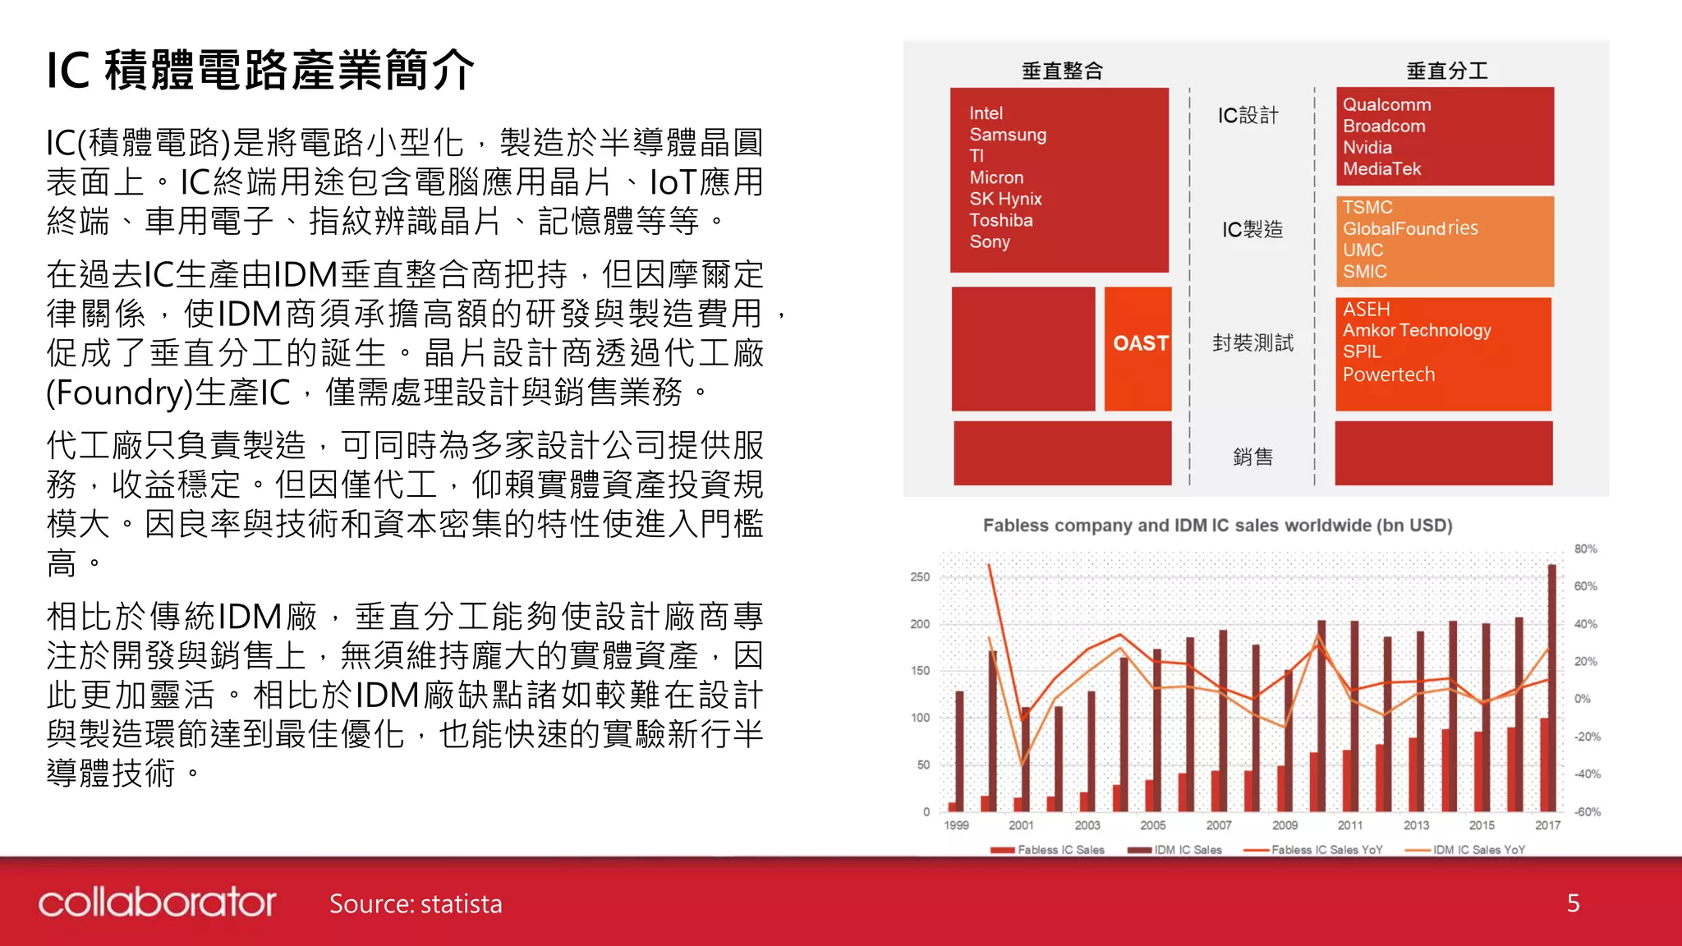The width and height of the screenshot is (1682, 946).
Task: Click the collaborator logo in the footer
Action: (x=157, y=902)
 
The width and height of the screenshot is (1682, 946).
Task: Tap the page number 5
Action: (x=1573, y=903)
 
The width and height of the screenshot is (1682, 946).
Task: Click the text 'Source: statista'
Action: (x=416, y=904)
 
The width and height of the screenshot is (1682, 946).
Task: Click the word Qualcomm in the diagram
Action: (x=1386, y=105)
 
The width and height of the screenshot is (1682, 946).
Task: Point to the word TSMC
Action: (x=1367, y=207)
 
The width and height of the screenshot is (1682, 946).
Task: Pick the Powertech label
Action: (x=1389, y=374)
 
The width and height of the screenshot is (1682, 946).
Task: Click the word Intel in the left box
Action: (x=986, y=113)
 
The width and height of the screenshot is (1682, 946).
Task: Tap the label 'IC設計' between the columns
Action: (x=1248, y=116)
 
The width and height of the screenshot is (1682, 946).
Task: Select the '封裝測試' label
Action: (x=1252, y=343)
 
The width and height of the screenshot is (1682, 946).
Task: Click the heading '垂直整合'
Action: (x=1062, y=71)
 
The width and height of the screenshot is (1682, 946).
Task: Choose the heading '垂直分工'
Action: (x=1446, y=71)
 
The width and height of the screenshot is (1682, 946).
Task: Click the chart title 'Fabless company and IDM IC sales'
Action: (x=1217, y=526)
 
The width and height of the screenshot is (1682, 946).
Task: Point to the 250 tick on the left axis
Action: (x=920, y=577)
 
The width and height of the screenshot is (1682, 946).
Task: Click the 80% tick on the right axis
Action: (x=1585, y=549)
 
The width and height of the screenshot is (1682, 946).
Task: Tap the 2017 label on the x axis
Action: (x=1547, y=825)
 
